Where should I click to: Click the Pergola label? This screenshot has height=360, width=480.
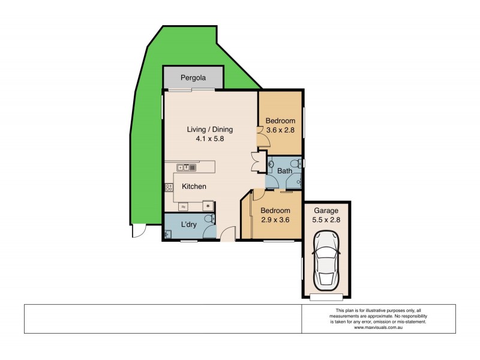coord(193,78)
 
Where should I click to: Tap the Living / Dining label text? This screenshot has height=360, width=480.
coord(209,129)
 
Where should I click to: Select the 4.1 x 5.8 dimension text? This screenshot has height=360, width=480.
coord(209,139)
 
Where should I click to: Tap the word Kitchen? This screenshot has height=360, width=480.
coord(194,187)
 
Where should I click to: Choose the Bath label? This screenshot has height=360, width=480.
coord(284,171)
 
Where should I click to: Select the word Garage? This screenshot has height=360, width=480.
coord(326,211)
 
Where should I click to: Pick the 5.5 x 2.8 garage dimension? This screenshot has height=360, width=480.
coord(326,220)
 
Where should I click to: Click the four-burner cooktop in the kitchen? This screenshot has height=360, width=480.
coord(169,188)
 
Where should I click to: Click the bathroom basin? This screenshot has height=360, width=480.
coord(271,163)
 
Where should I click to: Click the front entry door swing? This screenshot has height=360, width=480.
coord(227,234)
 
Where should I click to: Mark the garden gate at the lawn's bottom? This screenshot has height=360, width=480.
coord(139,231)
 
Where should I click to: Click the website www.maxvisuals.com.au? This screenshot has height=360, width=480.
coord(379,327)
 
